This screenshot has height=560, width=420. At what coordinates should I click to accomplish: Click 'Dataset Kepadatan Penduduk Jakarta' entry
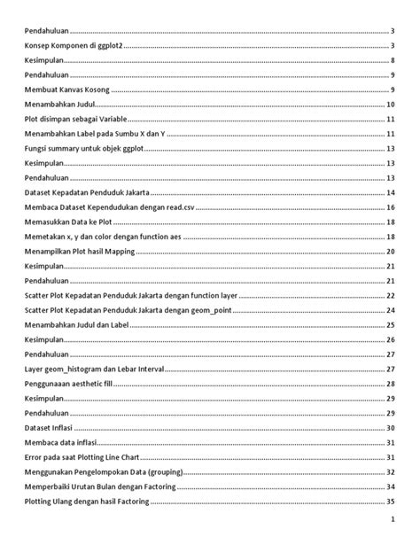[87, 192]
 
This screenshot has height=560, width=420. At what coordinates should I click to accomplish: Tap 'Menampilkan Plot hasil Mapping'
[81, 252]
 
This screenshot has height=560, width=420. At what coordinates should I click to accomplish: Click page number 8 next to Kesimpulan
[392, 61]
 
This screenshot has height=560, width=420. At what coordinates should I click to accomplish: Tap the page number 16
[390, 207]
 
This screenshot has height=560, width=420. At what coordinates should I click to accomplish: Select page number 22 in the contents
[390, 295]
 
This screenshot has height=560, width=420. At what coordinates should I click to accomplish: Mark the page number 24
[390, 310]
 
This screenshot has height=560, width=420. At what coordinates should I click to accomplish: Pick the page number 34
[390, 486]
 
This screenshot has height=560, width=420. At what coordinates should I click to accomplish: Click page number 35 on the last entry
[390, 502]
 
